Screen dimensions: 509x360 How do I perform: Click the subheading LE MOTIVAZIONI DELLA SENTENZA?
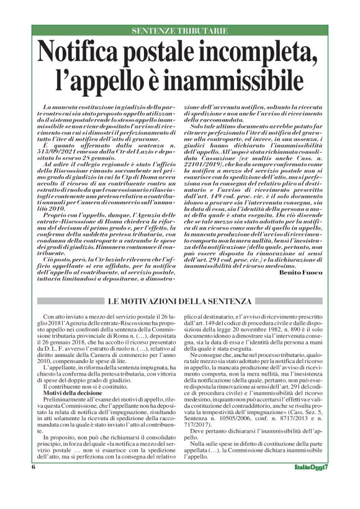click(179, 302)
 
